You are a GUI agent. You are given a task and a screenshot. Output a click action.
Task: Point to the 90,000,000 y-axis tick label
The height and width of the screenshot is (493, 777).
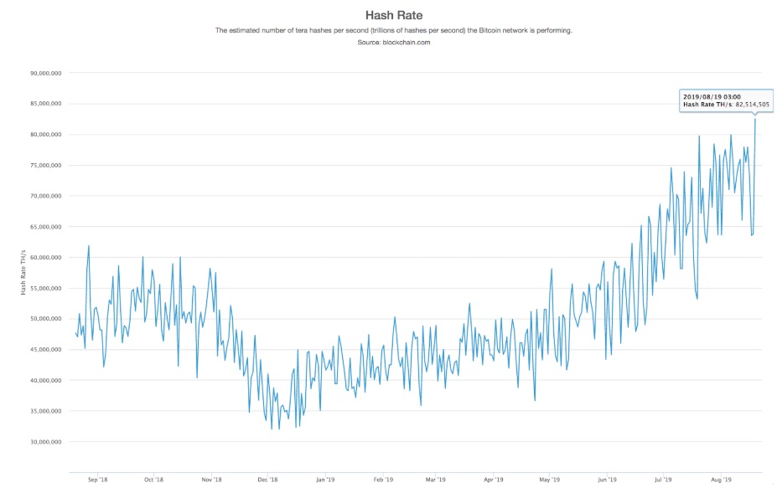pos(47,74)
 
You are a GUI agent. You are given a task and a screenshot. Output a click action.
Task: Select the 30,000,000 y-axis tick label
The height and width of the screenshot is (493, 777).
pos(47,442)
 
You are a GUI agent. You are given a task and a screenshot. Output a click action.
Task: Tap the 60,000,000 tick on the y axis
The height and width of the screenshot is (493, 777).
pos(47,258)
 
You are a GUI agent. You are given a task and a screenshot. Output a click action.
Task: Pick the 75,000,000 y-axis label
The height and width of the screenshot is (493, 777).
pos(47,166)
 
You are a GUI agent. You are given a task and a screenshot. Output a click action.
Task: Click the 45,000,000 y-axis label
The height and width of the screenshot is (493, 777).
pos(47,350)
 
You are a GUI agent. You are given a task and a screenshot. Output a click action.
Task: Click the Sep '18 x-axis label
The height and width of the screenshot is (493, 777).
pos(98,480)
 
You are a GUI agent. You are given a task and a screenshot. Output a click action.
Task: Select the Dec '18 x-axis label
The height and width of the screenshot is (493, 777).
pos(267,480)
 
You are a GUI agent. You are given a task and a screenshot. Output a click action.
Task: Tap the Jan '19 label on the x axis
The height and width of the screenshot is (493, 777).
pos(325,480)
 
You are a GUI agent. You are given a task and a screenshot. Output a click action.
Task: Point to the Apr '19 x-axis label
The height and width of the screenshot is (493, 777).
pos(494,480)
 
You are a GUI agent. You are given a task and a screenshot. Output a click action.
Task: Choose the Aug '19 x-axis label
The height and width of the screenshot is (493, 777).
pos(722,480)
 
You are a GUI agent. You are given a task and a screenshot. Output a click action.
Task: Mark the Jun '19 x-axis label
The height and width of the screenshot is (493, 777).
pos(608,480)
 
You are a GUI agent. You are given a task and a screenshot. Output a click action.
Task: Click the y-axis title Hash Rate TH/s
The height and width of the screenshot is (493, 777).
pos(24,271)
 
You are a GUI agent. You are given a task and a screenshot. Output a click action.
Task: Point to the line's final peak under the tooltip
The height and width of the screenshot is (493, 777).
pos(755,119)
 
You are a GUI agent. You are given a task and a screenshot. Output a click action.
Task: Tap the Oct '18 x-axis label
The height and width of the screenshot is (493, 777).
pos(154,480)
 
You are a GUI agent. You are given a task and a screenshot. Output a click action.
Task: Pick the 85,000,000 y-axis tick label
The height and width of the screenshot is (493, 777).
pos(47,105)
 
